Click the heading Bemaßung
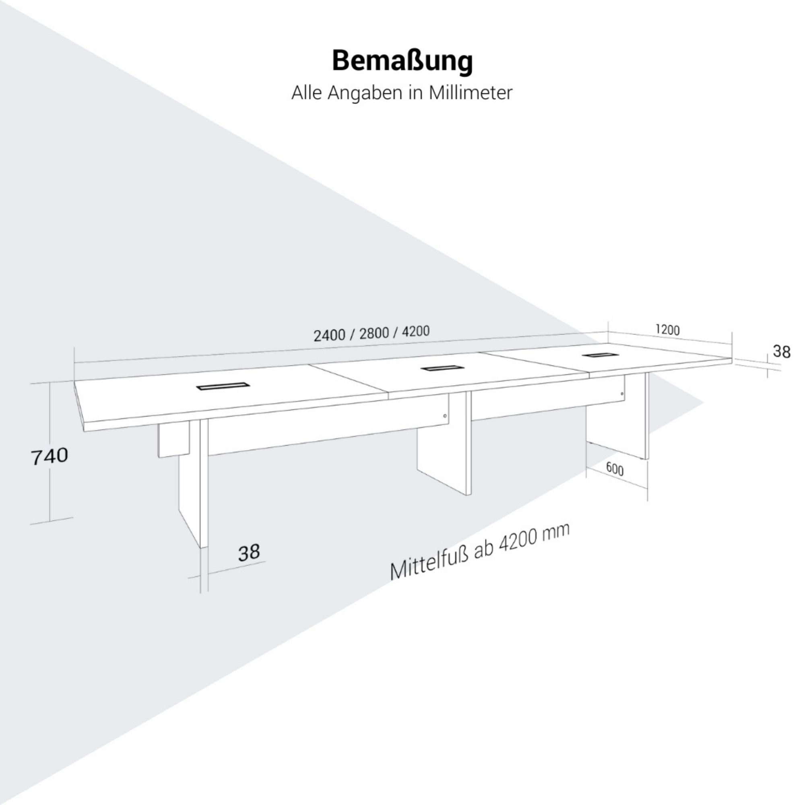tap(402, 62)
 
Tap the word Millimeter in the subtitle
tap(470, 93)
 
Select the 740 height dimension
tap(49, 456)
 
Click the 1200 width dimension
tap(667, 330)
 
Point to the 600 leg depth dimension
tap(615, 469)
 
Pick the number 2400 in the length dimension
tap(329, 335)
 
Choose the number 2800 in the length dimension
tap(374, 333)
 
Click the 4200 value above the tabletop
tap(415, 331)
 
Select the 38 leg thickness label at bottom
tap(249, 553)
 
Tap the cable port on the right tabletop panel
tap(596, 355)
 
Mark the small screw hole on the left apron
tap(445, 416)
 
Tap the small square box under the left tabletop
tap(173, 440)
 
